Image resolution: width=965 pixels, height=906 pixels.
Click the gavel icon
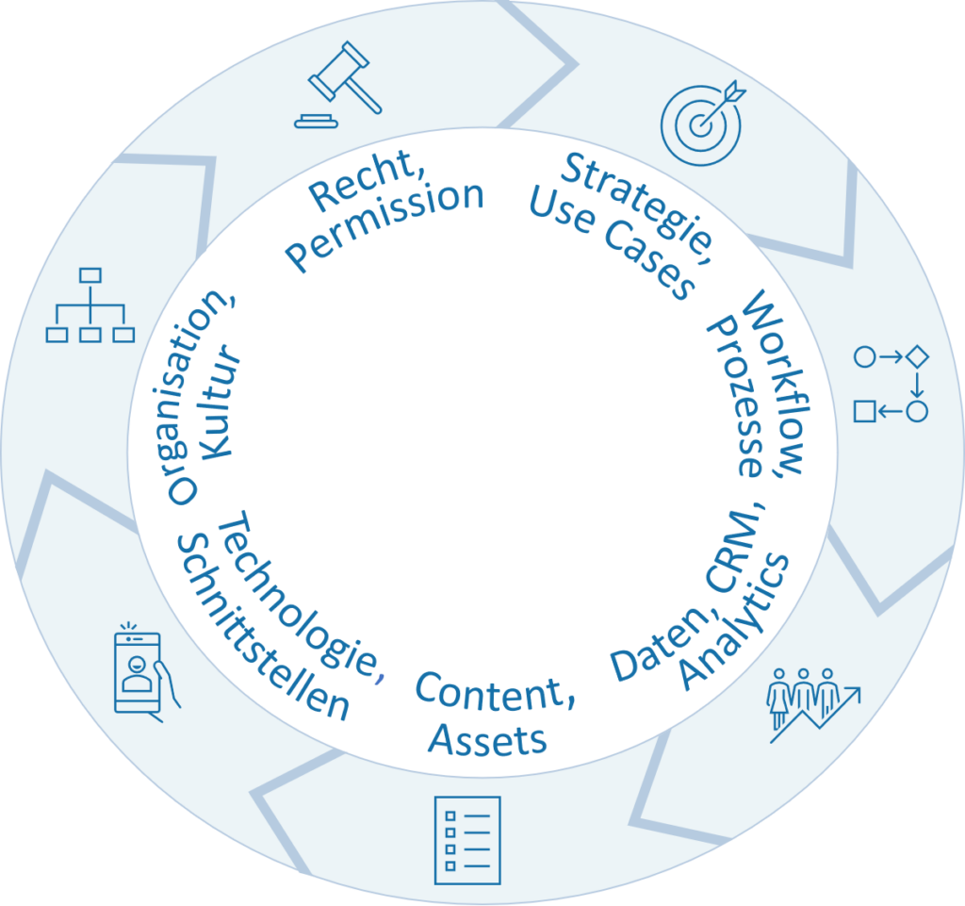pyautogui.click(x=337, y=87)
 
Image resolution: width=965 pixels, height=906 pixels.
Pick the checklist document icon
pyautogui.click(x=466, y=840)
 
